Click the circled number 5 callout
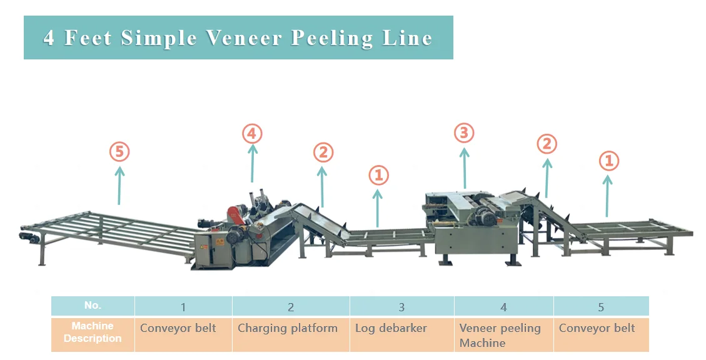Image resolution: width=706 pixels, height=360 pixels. coord(119,151)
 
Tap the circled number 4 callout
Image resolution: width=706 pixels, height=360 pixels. coord(252,133)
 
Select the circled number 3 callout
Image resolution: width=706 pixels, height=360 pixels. coord(464,132)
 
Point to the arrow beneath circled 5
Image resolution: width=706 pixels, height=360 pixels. coord(119,184)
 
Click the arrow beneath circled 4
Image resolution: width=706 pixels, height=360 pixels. coord(252,164)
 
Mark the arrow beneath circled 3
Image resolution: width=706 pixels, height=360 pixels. coord(464,167)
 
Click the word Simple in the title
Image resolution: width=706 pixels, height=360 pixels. coord(159,38)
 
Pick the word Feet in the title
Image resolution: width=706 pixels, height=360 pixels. coord(88,38)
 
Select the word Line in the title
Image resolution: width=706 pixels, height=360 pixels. coord(409,38)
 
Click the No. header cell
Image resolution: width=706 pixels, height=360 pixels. coord(93,306)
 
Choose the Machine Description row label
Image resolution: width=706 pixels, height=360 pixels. coord(93,332)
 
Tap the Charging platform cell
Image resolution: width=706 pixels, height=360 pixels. coord(288,328)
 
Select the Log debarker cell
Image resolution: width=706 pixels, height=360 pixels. coord(391,328)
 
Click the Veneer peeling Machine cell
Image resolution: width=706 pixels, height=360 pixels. coord(500,335)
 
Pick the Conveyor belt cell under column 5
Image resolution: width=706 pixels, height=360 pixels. coord(597,328)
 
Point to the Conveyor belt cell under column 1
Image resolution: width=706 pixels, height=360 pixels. coord(178,328)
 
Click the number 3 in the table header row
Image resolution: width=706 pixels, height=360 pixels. coord(401,307)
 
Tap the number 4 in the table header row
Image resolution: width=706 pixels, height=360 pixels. coord(503,307)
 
